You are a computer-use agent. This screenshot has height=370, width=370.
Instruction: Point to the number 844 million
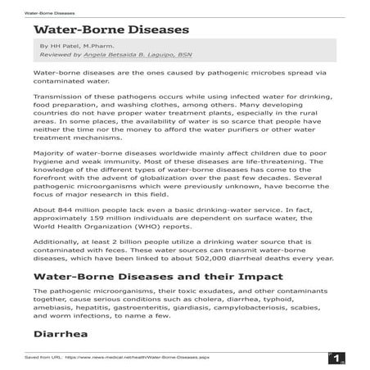pyautogui.click(x=76, y=209)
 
